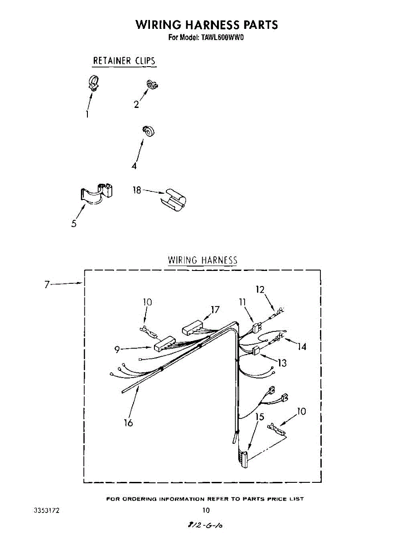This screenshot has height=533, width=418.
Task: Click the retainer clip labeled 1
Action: (93, 84)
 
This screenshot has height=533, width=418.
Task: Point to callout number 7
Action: (47, 285)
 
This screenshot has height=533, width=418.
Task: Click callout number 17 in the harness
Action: (215, 310)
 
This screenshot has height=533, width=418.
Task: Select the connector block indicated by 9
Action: (165, 344)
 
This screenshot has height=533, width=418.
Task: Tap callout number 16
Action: (128, 423)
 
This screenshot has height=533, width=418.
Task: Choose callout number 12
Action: (260, 290)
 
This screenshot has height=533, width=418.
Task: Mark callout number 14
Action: (302, 346)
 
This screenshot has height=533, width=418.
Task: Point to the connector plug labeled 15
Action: (243, 458)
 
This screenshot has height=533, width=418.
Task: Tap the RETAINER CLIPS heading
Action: (124, 60)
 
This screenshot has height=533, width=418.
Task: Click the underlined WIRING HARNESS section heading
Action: (202, 260)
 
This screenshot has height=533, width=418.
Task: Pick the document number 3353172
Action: (47, 510)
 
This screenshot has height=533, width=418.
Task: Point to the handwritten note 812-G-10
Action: (205, 525)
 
